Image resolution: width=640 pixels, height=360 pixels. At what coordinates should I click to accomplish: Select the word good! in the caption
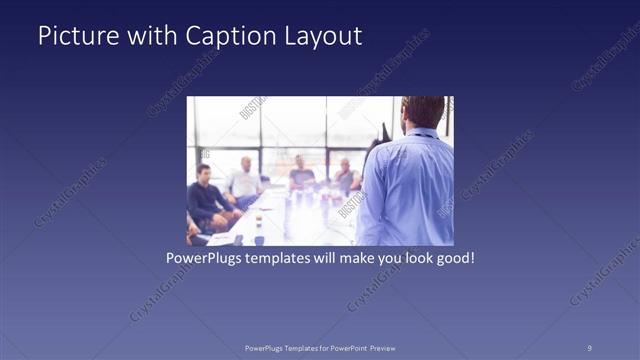pyautogui.click(x=452, y=257)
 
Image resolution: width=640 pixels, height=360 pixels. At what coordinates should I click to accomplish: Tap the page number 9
pyautogui.click(x=589, y=347)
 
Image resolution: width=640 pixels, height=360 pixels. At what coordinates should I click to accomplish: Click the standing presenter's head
pyautogui.click(x=424, y=112)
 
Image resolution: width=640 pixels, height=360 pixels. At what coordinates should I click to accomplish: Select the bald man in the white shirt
pyautogui.click(x=243, y=180)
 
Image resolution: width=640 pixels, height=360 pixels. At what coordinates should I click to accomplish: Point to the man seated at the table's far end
pyautogui.click(x=301, y=173)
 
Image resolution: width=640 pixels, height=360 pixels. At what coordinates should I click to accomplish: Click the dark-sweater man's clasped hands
pyautogui.click(x=225, y=214)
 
